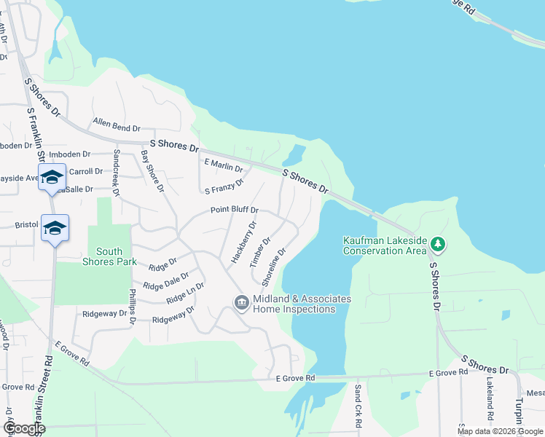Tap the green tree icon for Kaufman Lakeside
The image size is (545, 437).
pos(436,243)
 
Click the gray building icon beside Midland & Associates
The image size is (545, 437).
pos(241,302)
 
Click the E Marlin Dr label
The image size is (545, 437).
pos(224,165)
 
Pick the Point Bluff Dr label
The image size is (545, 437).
pos(235,210)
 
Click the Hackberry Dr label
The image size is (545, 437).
pos(243,242)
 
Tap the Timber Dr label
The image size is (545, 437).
pos(260,251)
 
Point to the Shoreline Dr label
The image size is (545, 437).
pos(274,265)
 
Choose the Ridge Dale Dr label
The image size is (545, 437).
pos(166,282)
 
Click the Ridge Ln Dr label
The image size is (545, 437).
pos(185,294)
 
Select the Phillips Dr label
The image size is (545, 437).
pos(133,310)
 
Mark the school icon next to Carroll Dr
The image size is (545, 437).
pos(52,177)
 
